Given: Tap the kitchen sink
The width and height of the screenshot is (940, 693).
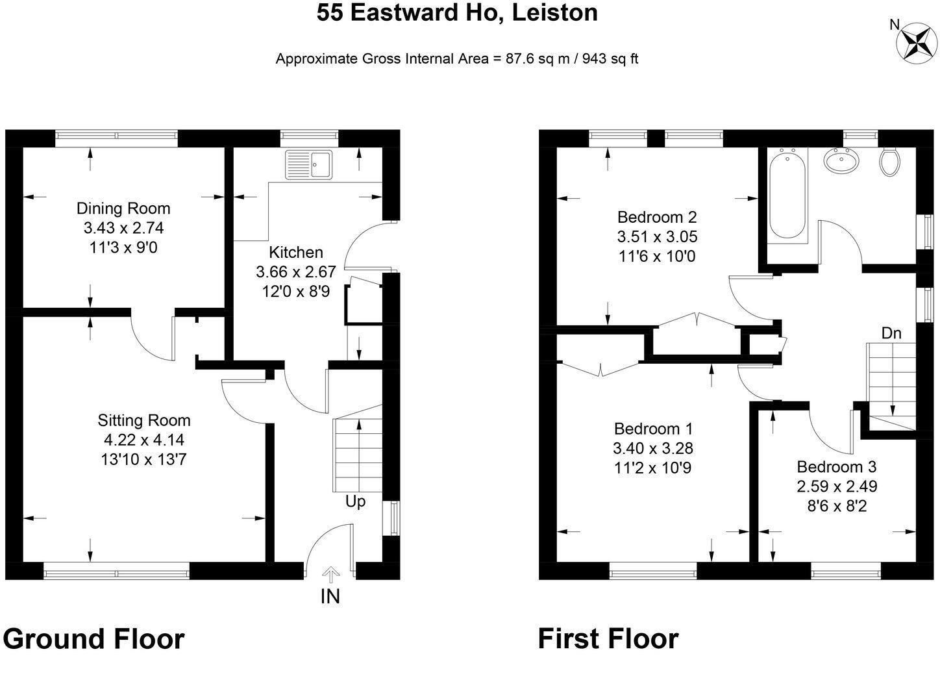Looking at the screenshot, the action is pos(309,164).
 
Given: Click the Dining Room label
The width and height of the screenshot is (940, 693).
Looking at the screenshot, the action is pos(123,208).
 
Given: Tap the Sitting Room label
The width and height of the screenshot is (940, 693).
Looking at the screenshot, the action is pos(144,420).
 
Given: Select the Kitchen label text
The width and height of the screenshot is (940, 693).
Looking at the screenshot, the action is pos(296,252).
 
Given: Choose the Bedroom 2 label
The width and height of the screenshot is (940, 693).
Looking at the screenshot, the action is pos(657,217).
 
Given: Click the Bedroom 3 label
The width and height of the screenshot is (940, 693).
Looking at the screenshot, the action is pos(837,467).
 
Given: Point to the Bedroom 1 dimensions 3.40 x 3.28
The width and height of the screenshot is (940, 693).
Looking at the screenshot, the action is pos(653,448).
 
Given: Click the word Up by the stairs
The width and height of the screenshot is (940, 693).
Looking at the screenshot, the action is pos(355,501).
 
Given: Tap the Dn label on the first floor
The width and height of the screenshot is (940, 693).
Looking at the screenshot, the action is pos(891,333).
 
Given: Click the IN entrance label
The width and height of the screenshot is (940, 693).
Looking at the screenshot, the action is pos(330,596).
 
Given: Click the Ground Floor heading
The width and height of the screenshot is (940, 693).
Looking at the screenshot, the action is pos(93,638).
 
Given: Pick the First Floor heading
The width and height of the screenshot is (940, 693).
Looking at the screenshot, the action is pos(608,638).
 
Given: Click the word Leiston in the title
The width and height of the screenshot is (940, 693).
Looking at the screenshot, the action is pos(555,12).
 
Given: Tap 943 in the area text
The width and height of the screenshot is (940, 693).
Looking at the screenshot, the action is pos(594,58).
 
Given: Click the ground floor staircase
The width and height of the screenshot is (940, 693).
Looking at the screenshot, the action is pos(358,448).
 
